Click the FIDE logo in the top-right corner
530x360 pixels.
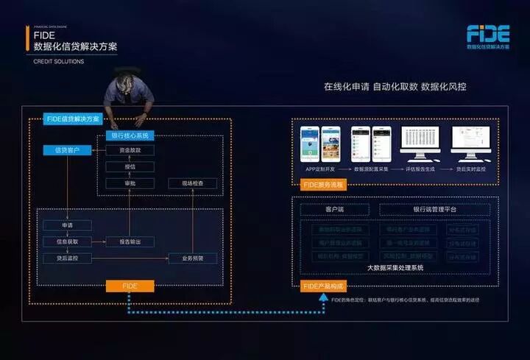(x=487, y=33)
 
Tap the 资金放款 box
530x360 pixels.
(x=130, y=150)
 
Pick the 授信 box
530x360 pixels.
(x=130, y=166)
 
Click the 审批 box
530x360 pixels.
(x=130, y=183)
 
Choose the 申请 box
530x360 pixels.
(x=67, y=225)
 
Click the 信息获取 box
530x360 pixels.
(x=67, y=241)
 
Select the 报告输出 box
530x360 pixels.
(x=130, y=241)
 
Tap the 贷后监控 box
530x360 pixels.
(x=67, y=258)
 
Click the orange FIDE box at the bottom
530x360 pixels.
(x=130, y=285)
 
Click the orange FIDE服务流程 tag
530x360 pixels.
(x=325, y=185)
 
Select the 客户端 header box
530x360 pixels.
(x=334, y=210)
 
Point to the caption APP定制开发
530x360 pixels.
(x=322, y=169)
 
